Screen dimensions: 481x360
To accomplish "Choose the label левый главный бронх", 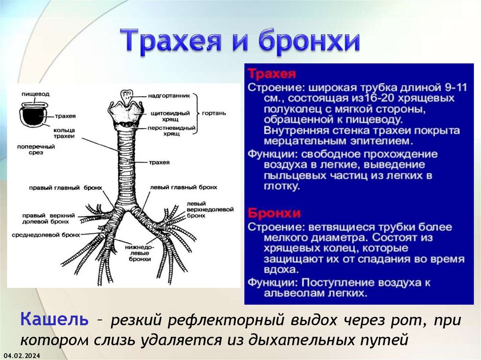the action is click(x=184, y=187).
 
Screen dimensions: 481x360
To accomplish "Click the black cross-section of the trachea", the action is click(x=31, y=116).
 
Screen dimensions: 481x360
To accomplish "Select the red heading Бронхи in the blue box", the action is click(x=274, y=214).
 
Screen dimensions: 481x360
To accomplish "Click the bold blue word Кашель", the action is click(x=54, y=320).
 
